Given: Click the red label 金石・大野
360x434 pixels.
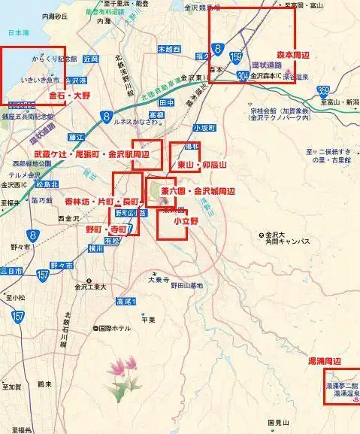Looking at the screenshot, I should pyautogui.click(x=70, y=97).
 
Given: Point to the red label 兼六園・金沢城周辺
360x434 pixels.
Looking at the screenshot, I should pyautogui.click(x=198, y=191).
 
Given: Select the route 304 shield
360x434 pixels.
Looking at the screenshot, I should pyautogui.click(x=242, y=75).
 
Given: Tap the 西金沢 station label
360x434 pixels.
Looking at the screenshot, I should pyautogui.click(x=68, y=219).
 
